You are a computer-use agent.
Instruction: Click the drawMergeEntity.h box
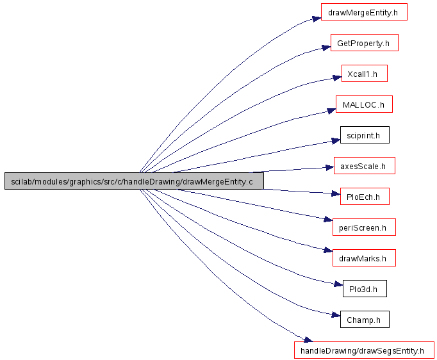(364, 12)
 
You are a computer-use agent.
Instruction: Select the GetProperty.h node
(364, 43)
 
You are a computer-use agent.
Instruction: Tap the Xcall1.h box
(364, 74)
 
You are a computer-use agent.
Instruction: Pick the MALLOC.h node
(364, 104)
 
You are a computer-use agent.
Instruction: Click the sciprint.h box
(365, 135)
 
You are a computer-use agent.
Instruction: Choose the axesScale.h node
(364, 166)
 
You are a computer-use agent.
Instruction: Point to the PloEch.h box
(365, 197)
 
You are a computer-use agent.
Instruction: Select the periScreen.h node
(364, 227)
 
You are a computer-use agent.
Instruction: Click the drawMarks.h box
(364, 258)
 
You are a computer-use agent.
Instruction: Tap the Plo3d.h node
(365, 289)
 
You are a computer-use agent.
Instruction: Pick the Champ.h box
(365, 319)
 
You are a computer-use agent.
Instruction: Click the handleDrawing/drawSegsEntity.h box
(364, 350)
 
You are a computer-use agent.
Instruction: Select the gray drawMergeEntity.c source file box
(134, 181)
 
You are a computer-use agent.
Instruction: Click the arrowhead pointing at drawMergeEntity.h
(317, 19)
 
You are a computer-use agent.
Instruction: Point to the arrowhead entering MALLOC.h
(331, 111)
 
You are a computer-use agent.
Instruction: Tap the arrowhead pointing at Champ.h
(336, 315)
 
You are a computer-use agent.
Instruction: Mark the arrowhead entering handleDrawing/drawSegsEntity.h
(308, 340)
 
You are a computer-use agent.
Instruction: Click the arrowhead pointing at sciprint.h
(336, 141)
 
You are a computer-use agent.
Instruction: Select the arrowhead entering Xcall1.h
(337, 78)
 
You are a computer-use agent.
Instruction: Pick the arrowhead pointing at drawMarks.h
(328, 250)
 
